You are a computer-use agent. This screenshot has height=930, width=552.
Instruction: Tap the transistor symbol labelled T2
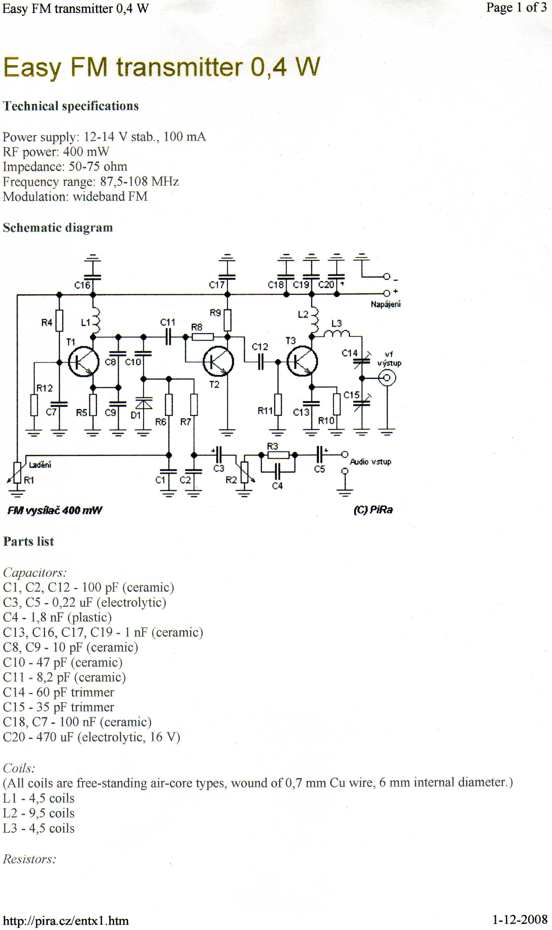(218, 361)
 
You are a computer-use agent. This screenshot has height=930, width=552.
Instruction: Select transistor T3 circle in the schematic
(302, 361)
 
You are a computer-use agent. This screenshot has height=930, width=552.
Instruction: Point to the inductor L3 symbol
(336, 334)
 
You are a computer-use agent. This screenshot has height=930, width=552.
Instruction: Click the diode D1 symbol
(144, 403)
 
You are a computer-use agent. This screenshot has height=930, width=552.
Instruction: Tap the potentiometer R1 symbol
(17, 473)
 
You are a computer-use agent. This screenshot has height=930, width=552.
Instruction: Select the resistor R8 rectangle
(203, 337)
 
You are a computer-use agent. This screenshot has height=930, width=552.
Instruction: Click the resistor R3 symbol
(278, 455)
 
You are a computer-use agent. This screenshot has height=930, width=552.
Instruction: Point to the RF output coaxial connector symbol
(387, 378)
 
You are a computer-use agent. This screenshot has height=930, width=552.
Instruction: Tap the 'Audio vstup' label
(370, 462)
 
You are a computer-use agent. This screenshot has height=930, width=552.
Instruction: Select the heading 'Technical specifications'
(71, 106)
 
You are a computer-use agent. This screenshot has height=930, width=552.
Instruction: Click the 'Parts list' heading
(29, 541)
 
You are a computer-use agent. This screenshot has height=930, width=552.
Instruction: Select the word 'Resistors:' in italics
(30, 859)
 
